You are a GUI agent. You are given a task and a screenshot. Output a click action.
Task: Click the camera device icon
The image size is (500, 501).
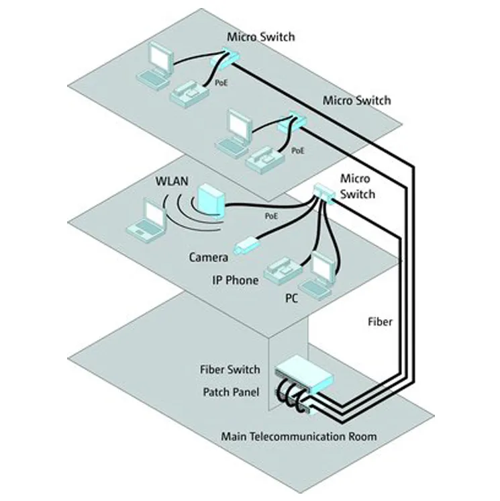pyautogui.click(x=245, y=244)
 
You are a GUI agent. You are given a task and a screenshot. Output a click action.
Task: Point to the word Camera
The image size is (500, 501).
pyautogui.click(x=208, y=257)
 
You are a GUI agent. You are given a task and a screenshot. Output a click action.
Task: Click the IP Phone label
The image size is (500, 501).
pyautogui.click(x=232, y=280)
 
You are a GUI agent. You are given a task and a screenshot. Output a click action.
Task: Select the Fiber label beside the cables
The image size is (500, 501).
pyautogui.click(x=381, y=321)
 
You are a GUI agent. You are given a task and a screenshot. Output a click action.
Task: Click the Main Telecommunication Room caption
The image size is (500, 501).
pyautogui.click(x=299, y=437)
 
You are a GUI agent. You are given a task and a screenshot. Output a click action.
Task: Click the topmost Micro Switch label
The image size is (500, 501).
pyautogui.click(x=261, y=37)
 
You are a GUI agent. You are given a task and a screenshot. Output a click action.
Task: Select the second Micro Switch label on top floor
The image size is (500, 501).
pyautogui.click(x=356, y=101)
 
